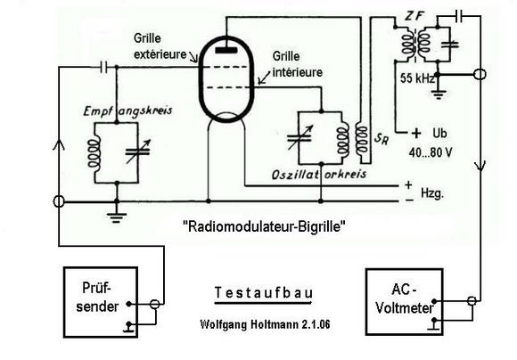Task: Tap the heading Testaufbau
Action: click(x=264, y=293)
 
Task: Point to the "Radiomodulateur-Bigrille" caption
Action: click(x=264, y=226)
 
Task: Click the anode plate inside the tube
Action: click(x=226, y=50)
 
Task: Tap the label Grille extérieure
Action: click(x=160, y=46)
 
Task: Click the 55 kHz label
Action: click(x=417, y=78)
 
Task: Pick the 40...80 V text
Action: click(x=431, y=152)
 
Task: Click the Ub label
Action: click(x=439, y=133)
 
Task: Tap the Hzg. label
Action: click(x=432, y=193)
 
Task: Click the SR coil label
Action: click(x=382, y=138)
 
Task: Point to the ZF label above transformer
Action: click(x=414, y=16)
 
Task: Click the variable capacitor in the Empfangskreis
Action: click(x=138, y=151)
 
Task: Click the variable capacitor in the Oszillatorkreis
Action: click(x=300, y=137)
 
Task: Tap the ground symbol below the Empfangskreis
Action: click(x=117, y=217)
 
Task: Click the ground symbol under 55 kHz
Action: click(x=438, y=94)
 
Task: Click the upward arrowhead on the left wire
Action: click(x=59, y=144)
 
